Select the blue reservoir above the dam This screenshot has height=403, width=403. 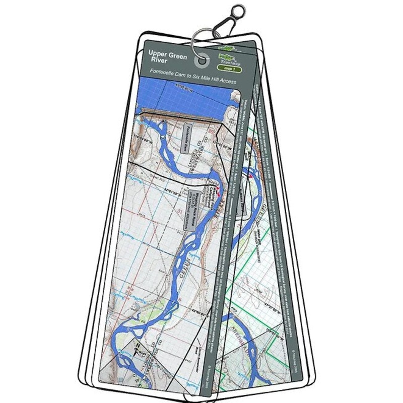click(x=181, y=98)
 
